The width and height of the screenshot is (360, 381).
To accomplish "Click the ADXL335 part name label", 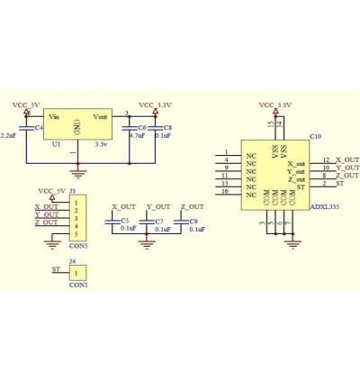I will (323, 206).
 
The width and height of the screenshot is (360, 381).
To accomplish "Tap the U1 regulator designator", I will (56, 143).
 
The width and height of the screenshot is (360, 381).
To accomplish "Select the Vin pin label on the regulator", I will (54, 117).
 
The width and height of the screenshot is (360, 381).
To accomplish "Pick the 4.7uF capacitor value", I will (137, 135).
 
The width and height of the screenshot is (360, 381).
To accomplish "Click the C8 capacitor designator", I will (167, 128).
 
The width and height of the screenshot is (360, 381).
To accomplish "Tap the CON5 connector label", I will (78, 245).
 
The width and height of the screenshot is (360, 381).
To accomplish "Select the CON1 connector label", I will (78, 284).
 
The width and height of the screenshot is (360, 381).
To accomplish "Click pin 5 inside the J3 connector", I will (77, 233).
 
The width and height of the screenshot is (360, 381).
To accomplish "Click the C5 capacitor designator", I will (124, 221).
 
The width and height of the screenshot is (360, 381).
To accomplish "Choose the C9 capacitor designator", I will (193, 221).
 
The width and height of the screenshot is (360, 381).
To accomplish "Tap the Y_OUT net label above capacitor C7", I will (157, 208).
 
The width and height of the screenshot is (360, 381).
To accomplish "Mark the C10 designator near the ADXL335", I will (316, 136).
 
